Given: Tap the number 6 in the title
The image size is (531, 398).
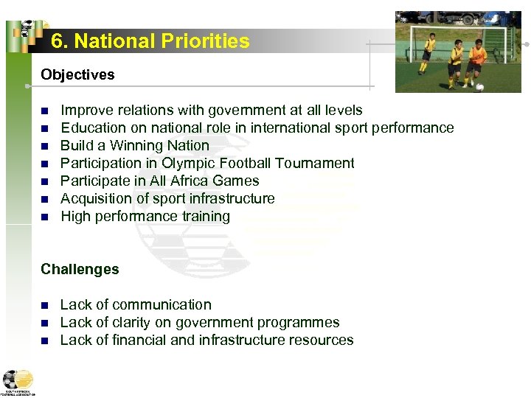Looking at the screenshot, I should (x=58, y=41).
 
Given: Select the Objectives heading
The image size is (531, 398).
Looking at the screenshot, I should (x=77, y=74).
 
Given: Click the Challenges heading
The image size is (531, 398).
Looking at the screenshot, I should (x=80, y=269).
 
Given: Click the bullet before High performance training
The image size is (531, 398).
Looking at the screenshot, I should (x=44, y=217).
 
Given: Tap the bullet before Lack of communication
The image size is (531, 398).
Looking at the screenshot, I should (x=44, y=305).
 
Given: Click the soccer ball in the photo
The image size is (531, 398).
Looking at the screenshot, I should (x=480, y=87).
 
